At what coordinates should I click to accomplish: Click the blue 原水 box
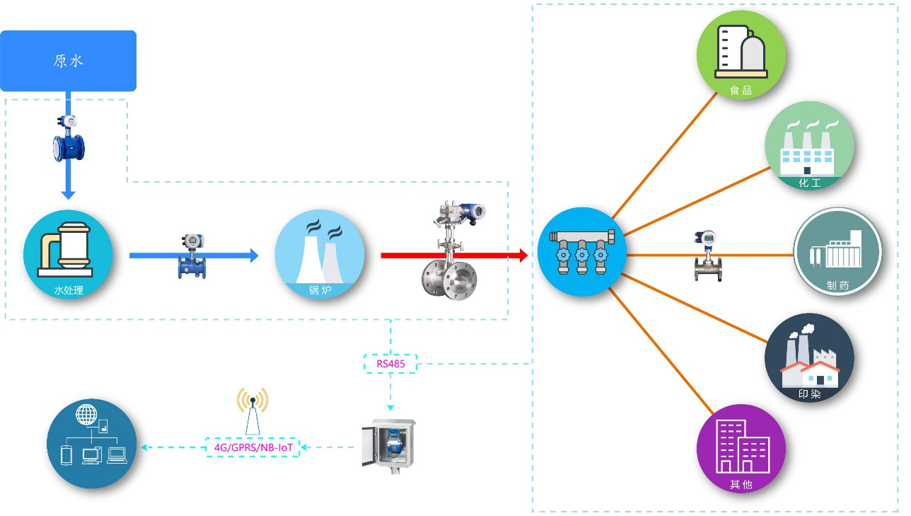click(x=68, y=61)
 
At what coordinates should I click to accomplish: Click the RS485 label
click(x=390, y=365)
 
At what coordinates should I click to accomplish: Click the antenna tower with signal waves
click(x=253, y=411)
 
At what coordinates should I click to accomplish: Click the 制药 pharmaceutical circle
click(x=837, y=252)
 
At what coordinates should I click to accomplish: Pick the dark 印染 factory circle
click(x=809, y=358)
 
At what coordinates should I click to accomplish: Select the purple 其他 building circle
click(x=741, y=448)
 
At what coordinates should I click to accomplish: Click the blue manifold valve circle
click(x=581, y=251)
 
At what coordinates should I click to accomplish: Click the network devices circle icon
click(x=91, y=444)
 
